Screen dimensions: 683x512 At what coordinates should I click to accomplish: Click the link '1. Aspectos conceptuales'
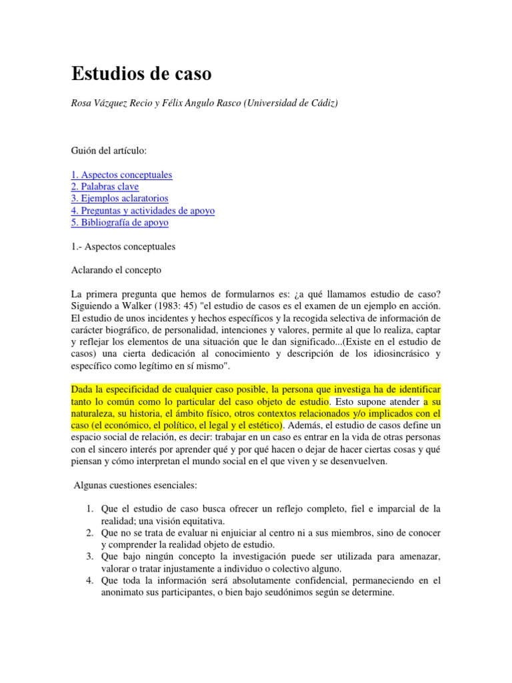(x=121, y=175)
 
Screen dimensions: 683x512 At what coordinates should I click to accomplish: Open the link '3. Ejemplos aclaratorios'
(x=119, y=199)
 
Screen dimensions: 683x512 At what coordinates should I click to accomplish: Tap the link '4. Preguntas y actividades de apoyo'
(x=143, y=211)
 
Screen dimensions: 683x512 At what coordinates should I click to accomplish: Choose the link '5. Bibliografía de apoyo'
(x=120, y=223)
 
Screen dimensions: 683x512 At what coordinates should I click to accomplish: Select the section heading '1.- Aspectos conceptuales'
(x=123, y=247)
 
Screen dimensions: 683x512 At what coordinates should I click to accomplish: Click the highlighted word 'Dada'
(x=82, y=390)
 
